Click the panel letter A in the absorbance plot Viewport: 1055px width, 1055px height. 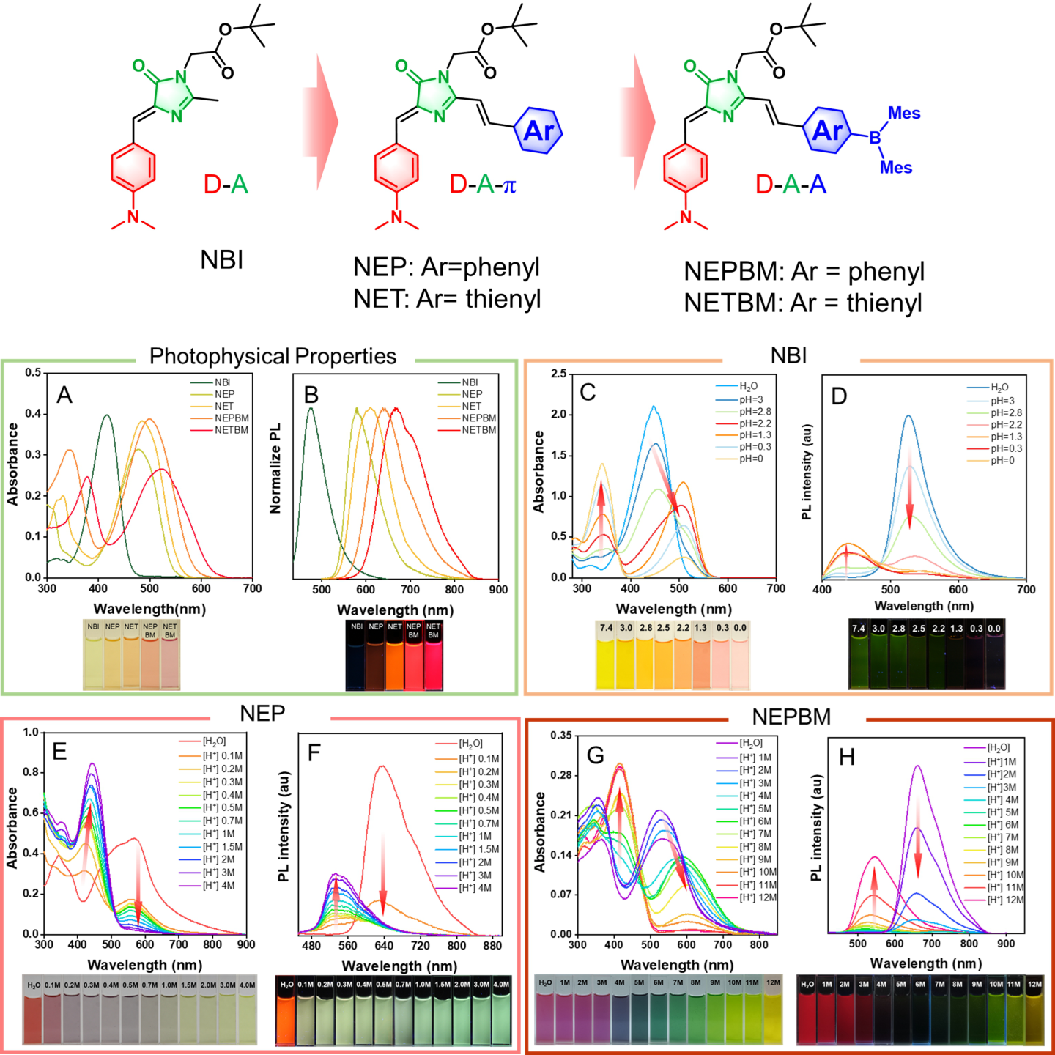(64, 396)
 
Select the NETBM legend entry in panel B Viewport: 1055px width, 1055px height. (478, 430)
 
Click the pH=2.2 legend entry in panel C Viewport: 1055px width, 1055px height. (755, 423)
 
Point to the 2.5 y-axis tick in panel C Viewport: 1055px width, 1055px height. (558, 374)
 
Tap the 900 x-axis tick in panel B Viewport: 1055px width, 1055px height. (498, 589)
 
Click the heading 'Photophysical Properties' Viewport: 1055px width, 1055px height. (273, 356)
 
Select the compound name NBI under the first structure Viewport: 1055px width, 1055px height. (221, 260)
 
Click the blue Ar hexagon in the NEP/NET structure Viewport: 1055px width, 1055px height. (538, 130)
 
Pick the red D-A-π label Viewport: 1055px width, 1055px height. (483, 185)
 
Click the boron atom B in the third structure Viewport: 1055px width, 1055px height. (875, 138)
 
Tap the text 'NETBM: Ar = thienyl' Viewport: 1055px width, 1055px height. (802, 303)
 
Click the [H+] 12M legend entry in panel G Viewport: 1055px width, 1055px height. (758, 897)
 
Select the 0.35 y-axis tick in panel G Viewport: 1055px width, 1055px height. (561, 736)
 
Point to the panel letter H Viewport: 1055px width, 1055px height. (847, 758)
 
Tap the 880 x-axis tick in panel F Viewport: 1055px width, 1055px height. (492, 946)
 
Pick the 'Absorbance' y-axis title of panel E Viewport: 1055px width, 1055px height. (12, 828)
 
